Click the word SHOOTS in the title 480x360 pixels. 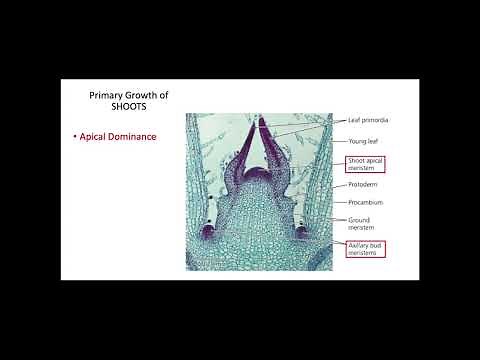click(111, 110)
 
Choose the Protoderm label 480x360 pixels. click(363, 184)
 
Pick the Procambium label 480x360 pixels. click(365, 202)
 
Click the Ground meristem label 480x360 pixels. click(361, 222)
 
